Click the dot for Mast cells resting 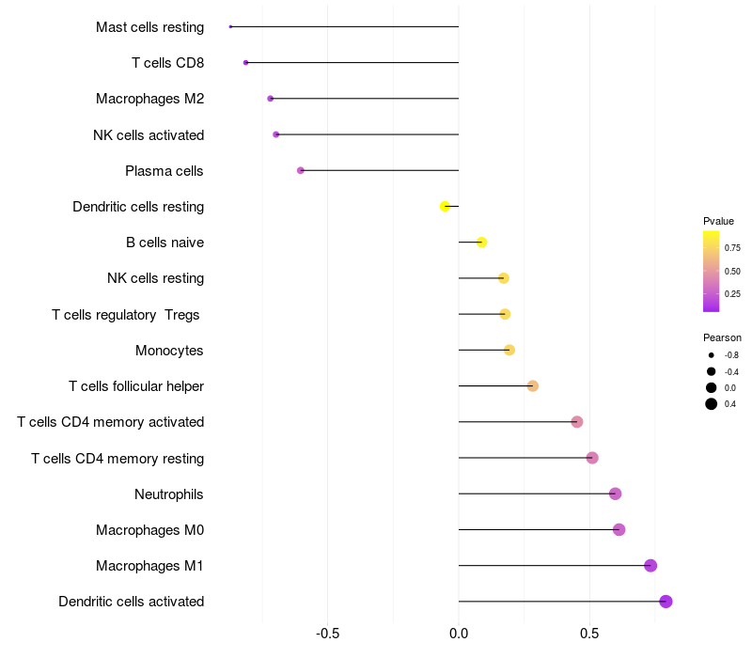point(230,27)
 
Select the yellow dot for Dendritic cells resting point(445,206)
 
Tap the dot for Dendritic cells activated point(666,602)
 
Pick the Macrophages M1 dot point(650,566)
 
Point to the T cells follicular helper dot point(532,386)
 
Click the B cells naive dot point(482,243)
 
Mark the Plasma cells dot point(301,170)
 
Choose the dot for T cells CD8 point(246,63)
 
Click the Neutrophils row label point(169,494)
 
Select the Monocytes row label point(169,350)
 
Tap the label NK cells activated point(149,135)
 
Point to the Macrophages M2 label point(150,99)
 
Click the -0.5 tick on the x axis point(327,634)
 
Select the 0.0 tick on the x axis point(459,634)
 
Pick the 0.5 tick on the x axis point(589,634)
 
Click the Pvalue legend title point(718,221)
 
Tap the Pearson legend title point(722,337)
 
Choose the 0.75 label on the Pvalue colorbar point(732,248)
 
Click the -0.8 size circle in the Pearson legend point(712,355)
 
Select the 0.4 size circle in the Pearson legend point(712,404)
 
